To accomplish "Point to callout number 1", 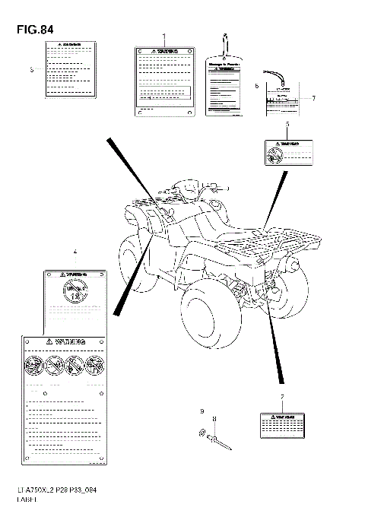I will click(x=163, y=36).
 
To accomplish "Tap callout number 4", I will click(x=75, y=251).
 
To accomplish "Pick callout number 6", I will click(x=257, y=86).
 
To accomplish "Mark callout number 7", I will click(x=313, y=98).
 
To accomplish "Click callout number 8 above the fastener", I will click(x=214, y=419).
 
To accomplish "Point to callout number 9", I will click(x=202, y=411).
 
